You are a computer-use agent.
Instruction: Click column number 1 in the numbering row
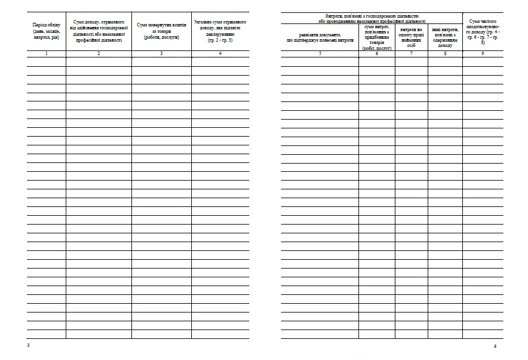point(46,54)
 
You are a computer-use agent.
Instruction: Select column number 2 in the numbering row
point(99,54)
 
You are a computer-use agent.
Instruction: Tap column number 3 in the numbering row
point(161,54)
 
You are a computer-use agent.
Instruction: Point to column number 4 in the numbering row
point(220,54)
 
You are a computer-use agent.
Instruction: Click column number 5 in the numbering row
point(320,54)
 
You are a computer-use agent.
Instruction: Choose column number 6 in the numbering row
point(377,54)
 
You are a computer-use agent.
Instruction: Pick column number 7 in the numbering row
point(411,54)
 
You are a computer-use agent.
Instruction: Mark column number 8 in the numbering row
point(445,54)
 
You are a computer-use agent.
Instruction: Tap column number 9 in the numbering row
point(483,54)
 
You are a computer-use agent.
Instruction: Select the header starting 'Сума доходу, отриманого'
point(99,31)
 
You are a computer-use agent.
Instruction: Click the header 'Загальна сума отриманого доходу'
point(220,31)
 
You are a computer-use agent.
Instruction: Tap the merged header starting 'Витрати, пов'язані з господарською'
point(371,18)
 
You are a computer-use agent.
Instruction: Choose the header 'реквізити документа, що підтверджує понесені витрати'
point(320,38)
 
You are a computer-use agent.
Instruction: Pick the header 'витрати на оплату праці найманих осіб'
point(411,37)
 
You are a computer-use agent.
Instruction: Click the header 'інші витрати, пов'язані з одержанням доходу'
point(445,37)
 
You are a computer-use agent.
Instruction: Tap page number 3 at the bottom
point(496,346)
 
